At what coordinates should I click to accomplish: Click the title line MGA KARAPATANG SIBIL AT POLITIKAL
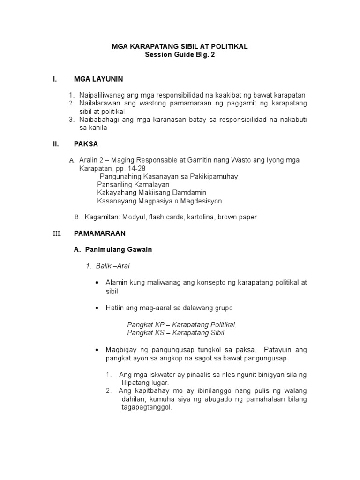click(180, 47)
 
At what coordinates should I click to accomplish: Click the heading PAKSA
click(86, 144)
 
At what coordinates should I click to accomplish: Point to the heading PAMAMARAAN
click(100, 233)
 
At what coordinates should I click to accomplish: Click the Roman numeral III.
click(57, 233)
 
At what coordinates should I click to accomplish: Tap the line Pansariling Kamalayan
click(133, 185)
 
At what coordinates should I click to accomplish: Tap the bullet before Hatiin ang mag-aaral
click(97, 308)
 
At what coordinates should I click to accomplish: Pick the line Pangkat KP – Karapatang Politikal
click(181, 325)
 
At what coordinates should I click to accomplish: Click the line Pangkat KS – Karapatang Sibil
click(176, 333)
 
